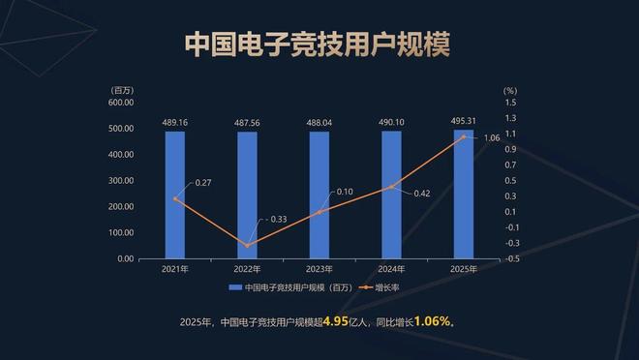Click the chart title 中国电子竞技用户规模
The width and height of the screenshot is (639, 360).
319,45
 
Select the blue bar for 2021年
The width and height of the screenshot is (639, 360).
174,195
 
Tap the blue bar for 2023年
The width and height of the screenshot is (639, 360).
319,195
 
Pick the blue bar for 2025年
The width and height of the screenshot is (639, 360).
464,194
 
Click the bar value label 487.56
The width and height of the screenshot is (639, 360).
247,123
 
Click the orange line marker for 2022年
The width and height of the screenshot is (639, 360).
247,245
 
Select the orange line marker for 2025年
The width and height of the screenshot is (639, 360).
464,136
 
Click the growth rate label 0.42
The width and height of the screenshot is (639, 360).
421,194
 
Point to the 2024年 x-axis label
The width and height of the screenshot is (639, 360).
391,268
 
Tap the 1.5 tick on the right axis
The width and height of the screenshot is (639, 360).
510,102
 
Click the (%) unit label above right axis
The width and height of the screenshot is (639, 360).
510,90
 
